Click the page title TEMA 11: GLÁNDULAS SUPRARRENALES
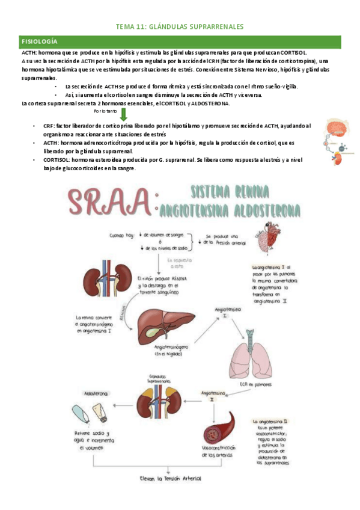click(x=179, y=27)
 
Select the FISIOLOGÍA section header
click(x=39, y=41)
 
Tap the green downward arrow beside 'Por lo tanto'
click(x=123, y=114)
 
